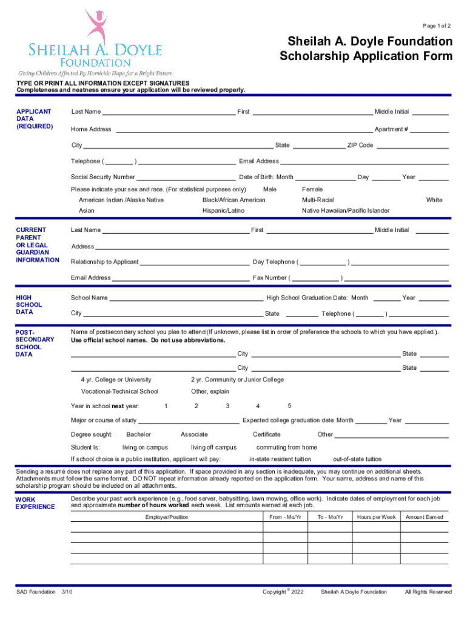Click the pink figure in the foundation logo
tap(96, 27)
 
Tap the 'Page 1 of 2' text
tap(437, 26)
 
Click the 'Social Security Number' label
tap(103, 177)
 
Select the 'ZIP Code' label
tap(360, 146)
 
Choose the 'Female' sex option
tap(312, 190)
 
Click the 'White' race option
tap(434, 200)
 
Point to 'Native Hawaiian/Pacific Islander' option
tap(346, 211)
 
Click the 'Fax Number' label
tap(270, 278)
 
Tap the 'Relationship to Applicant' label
tap(105, 262)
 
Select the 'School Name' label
tap(90, 298)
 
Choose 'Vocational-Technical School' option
tap(119, 392)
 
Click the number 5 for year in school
tap(290, 405)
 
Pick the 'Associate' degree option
tap(194, 435)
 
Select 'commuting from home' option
tap(287, 448)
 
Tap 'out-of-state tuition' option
tap(358, 459)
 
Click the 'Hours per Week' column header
tap(376, 518)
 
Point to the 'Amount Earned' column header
tap(425, 518)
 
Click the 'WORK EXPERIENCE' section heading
tap(35, 504)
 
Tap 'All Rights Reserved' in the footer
tap(428, 592)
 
